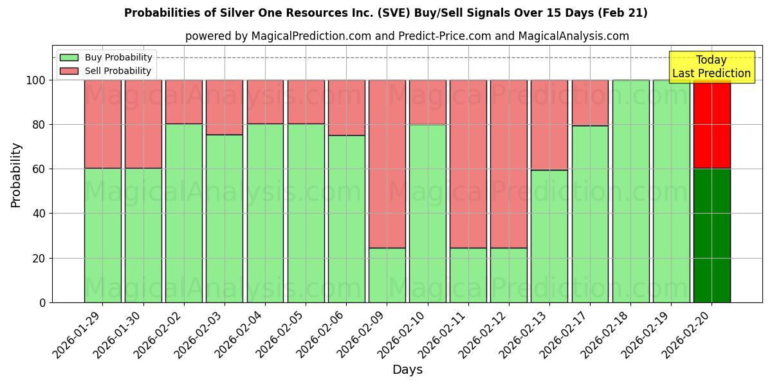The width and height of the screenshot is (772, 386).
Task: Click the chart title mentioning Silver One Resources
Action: [386, 13]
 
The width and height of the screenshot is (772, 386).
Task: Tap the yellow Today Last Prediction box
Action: [711, 67]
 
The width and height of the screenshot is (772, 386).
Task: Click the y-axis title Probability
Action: [16, 174]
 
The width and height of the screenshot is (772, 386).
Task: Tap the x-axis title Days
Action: [407, 369]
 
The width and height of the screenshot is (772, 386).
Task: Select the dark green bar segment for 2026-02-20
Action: [712, 235]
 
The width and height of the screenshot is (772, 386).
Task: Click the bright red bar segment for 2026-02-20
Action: [712, 124]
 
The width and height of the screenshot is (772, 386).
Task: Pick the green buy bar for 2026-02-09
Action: [387, 275]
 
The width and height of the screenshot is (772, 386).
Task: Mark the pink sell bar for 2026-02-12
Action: [509, 163]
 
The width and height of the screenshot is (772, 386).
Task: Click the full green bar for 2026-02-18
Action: [630, 191]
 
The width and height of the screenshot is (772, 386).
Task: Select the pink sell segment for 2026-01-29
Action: [102, 124]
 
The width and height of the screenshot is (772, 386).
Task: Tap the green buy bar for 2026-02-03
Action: [225, 219]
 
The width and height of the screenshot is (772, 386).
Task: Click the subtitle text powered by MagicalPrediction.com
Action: [407, 36]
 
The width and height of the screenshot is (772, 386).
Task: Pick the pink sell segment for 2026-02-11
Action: [468, 163]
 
